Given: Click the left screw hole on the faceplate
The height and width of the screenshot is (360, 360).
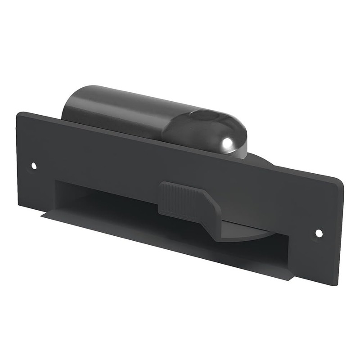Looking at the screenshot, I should tap(34, 166).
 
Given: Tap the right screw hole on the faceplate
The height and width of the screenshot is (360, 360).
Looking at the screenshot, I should tap(319, 233).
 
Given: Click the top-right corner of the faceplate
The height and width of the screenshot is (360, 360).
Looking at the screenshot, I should tap(342, 178).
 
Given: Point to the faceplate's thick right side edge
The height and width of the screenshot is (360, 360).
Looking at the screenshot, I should tap(338, 229).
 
